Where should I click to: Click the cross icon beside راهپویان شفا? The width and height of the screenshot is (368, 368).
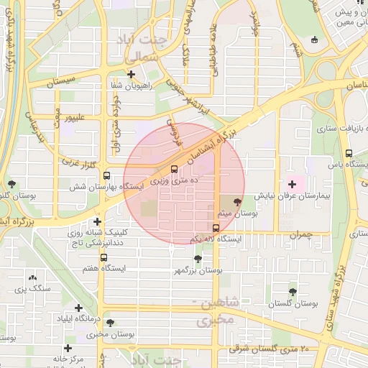[131, 74]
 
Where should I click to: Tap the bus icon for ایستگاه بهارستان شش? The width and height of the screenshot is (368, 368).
[106, 175]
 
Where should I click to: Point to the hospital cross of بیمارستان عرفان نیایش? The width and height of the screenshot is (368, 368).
[291, 185]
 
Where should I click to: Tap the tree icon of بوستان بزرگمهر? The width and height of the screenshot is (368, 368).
[198, 258]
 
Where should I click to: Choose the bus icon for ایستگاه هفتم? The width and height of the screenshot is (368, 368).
[103, 257]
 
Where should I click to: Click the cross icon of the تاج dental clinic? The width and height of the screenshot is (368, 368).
[97, 221]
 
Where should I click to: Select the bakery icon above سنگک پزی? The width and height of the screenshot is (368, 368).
[32, 277]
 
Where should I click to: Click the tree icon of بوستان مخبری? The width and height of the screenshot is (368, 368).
[110, 323]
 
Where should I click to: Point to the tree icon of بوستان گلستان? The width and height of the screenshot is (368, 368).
[293, 292]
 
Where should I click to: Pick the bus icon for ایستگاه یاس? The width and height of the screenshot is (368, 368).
[349, 153]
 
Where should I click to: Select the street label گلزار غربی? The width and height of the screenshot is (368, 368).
[79, 164]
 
